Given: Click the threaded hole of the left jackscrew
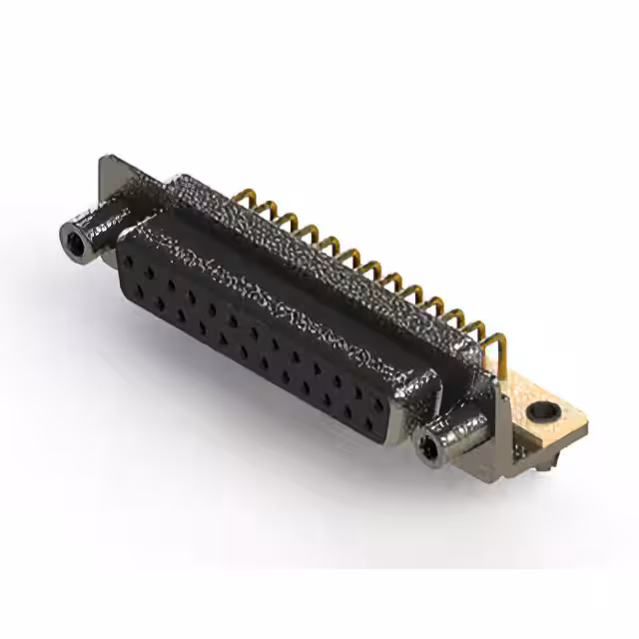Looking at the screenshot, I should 71,240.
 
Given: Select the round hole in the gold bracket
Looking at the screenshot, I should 545,410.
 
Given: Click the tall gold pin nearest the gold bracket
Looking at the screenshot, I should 500,348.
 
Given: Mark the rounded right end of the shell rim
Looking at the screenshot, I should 423,389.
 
